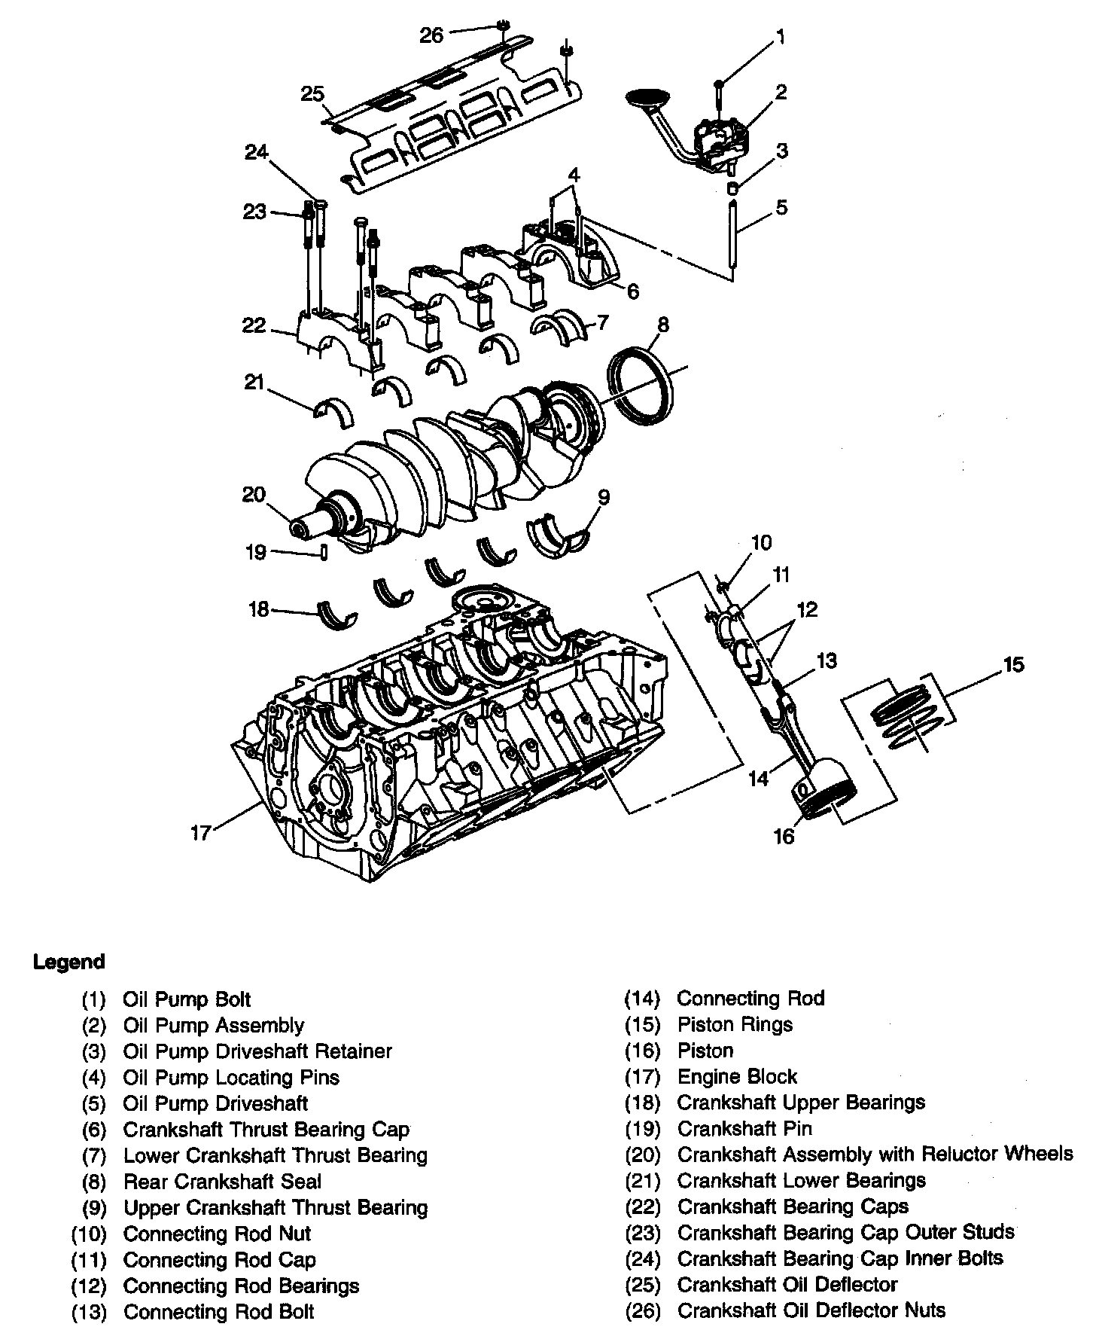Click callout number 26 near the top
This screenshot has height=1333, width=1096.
coord(431,35)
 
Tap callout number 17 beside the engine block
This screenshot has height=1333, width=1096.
coord(201,833)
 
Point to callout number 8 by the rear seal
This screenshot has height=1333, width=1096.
coord(662,325)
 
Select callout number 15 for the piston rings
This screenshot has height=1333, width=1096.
coord(1013,665)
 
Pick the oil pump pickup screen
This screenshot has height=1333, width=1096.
coord(647,99)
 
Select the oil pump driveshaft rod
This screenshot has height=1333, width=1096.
coord(732,233)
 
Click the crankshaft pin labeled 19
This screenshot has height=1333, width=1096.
coord(324,552)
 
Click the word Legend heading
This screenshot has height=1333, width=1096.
coord(68,962)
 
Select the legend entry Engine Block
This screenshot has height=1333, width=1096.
coord(737,1076)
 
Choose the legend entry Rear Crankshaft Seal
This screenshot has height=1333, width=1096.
coord(222,1182)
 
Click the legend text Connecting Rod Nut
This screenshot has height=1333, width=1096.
coord(217,1234)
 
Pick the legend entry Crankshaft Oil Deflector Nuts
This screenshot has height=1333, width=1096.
coord(811,1311)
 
